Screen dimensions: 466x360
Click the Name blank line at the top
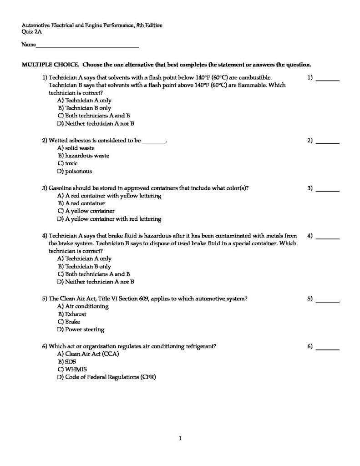coord(87,46)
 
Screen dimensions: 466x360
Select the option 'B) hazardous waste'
coord(83,156)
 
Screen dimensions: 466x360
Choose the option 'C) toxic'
coord(68,163)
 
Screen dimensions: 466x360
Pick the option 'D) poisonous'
coord(75,172)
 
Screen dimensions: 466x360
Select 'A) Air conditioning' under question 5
coord(83,306)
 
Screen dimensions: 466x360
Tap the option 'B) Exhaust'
coord(72,314)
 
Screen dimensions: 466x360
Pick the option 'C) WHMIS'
coord(72,369)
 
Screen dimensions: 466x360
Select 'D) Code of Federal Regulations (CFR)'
coord(106,377)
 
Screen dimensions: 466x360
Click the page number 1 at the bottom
coord(180,438)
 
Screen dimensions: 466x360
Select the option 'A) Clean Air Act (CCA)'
coord(88,354)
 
